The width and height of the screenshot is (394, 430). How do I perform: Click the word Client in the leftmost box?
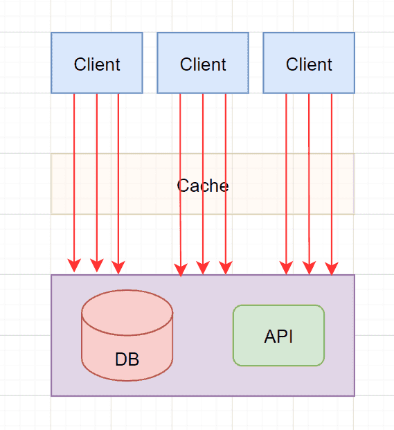[x=97, y=64]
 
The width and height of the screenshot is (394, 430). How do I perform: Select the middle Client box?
[x=203, y=63]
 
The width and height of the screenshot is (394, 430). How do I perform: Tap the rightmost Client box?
[x=309, y=63]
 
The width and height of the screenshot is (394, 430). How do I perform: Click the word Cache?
[x=203, y=186]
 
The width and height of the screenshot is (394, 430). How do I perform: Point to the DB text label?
[x=127, y=359]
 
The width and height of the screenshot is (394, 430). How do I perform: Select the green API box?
[x=278, y=335]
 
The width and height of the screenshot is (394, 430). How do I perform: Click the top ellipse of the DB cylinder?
[x=127, y=312]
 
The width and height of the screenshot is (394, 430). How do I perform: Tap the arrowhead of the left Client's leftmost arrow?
[x=74, y=265]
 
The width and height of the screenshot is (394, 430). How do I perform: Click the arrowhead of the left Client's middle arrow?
[x=97, y=265]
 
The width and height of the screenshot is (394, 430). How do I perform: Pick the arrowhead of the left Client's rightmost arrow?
[x=118, y=267]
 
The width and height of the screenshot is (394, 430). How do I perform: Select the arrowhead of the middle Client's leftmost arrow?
[x=181, y=270]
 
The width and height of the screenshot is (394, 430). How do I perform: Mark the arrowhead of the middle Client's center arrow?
[x=203, y=268]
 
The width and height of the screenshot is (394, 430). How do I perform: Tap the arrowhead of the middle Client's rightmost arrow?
[x=226, y=268]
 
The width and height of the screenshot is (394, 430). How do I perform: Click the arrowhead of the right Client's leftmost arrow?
[x=286, y=268]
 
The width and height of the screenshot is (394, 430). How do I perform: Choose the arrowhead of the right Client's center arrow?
[x=309, y=268]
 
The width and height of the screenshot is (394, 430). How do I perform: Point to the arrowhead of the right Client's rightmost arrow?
[x=332, y=268]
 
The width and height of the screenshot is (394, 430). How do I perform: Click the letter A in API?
[x=271, y=337]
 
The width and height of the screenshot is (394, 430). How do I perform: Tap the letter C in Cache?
[x=183, y=186]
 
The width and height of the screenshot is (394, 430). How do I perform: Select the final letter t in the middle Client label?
[x=224, y=65]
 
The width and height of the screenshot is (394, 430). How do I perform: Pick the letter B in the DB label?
[x=134, y=359]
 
